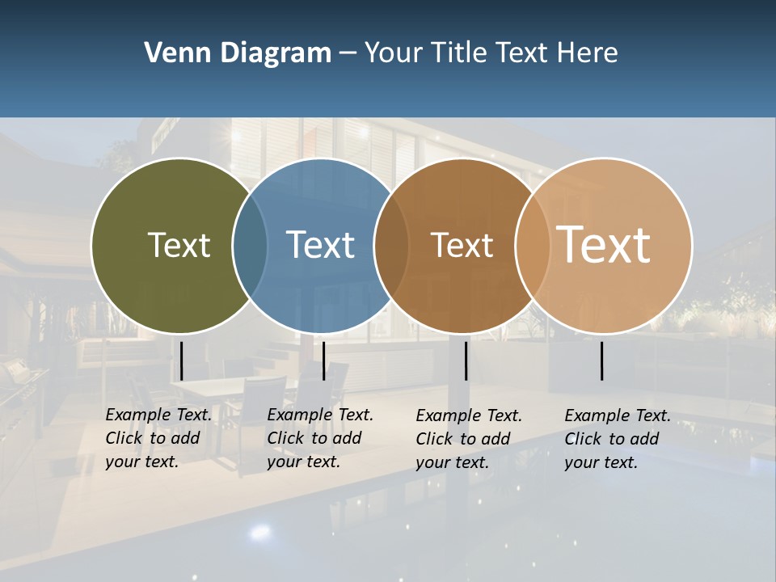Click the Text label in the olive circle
tap(179, 245)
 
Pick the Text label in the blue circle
tap(321, 245)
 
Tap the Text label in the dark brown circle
tap(462, 246)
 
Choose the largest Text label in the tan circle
tap(604, 244)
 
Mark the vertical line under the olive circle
tap(182, 361)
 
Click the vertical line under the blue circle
tap(323, 361)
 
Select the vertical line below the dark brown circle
tap(466, 361)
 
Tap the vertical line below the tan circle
tap(602, 361)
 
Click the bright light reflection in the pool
tap(260, 531)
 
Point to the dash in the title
tap(348, 54)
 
